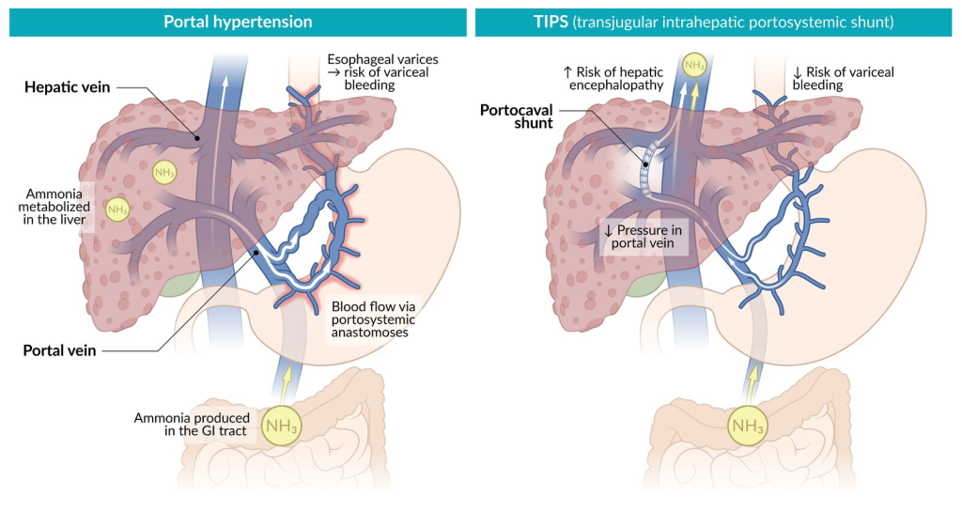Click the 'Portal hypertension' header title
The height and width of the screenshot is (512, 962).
[x=238, y=22]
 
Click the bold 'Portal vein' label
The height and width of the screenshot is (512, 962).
[x=61, y=350]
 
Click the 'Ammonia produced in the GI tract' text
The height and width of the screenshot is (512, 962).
[x=192, y=425]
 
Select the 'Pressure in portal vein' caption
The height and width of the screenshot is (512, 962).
[x=646, y=236]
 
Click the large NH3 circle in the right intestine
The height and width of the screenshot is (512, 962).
[x=748, y=427]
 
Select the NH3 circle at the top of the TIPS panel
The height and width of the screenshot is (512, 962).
[x=694, y=66]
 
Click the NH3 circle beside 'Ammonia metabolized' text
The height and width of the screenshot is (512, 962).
[x=117, y=209]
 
